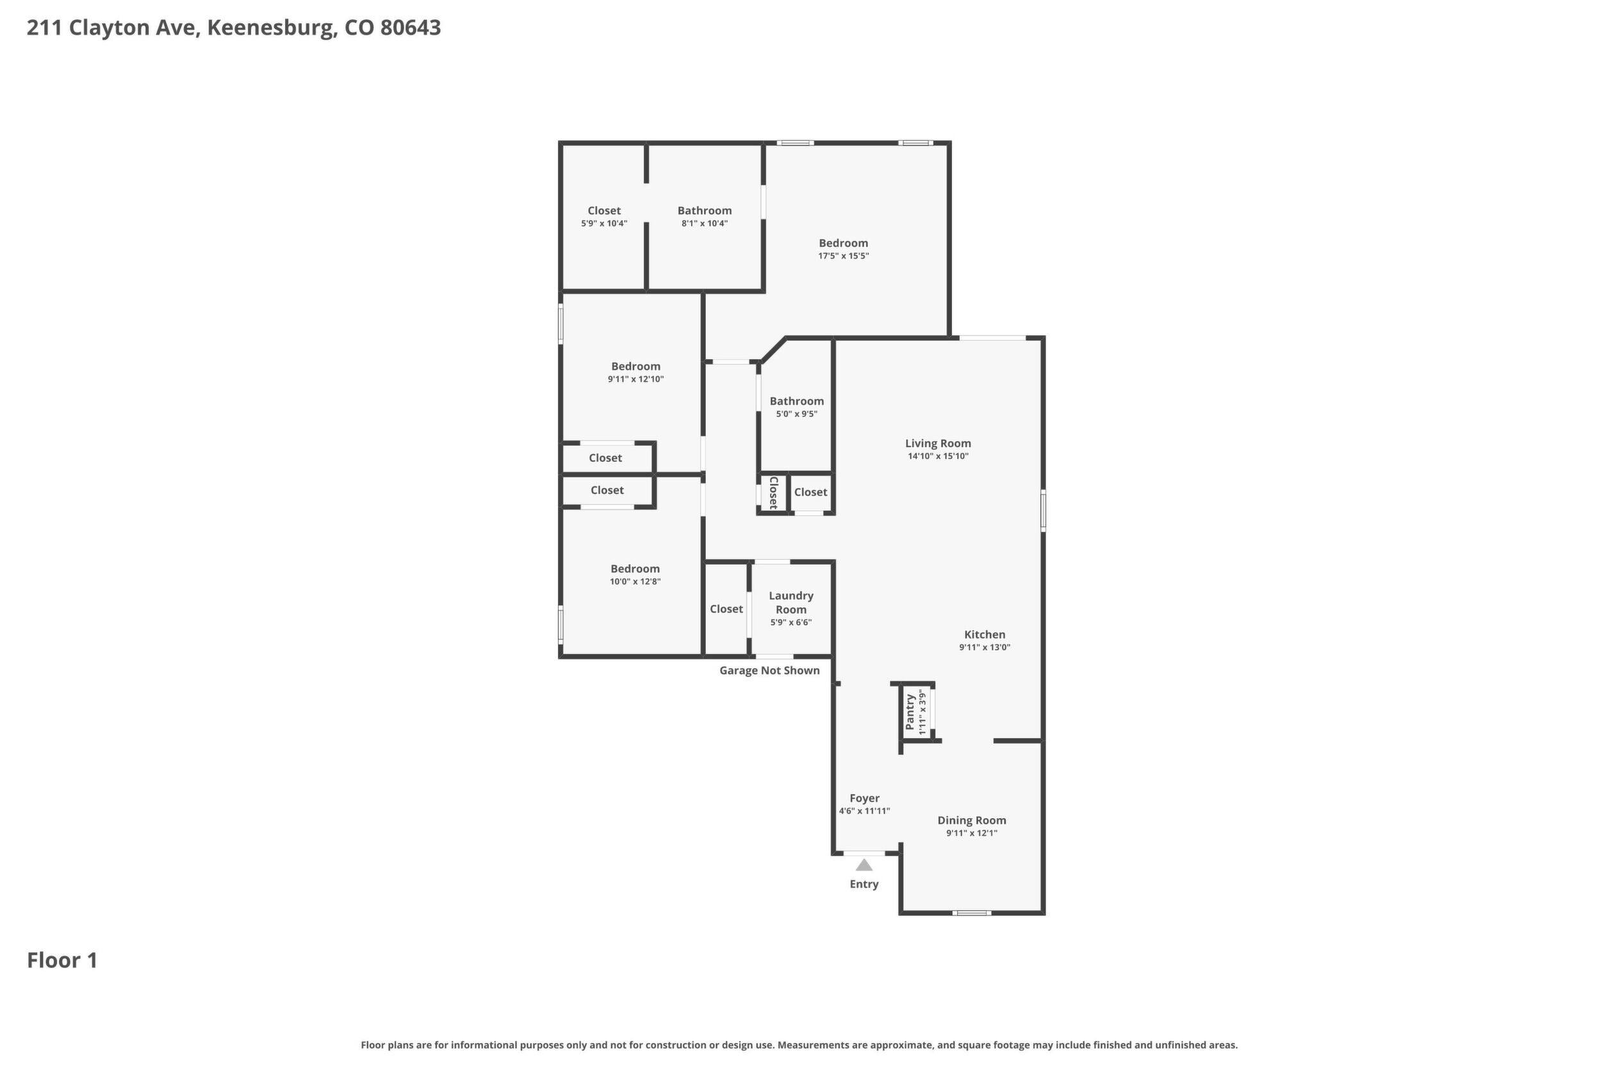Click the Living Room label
937,443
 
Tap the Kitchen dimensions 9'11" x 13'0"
985,647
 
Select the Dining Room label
971,821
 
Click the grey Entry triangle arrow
864,865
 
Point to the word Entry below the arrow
864,885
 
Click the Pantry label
910,712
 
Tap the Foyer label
865,798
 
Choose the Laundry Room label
791,602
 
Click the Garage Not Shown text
769,670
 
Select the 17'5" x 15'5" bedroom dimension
843,256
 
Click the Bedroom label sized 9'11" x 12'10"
635,366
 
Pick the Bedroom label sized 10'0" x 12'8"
635,569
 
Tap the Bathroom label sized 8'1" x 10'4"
704,211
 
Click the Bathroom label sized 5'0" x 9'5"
797,401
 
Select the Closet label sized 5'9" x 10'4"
604,211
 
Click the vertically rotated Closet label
773,493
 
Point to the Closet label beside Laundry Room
726,609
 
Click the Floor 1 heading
63,961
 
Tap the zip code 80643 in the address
411,28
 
